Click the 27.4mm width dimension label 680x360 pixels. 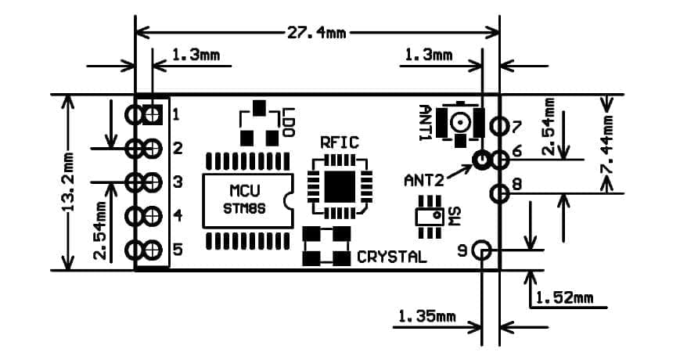(318, 33)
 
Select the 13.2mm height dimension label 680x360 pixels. (69, 189)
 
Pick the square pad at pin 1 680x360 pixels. (153, 115)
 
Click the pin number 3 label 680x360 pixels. (177, 182)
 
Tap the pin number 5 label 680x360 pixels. (177, 250)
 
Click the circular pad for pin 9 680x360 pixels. (483, 251)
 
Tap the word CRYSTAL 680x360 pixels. (392, 257)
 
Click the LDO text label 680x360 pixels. (290, 124)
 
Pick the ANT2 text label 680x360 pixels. (423, 180)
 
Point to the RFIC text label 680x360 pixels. (340, 142)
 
